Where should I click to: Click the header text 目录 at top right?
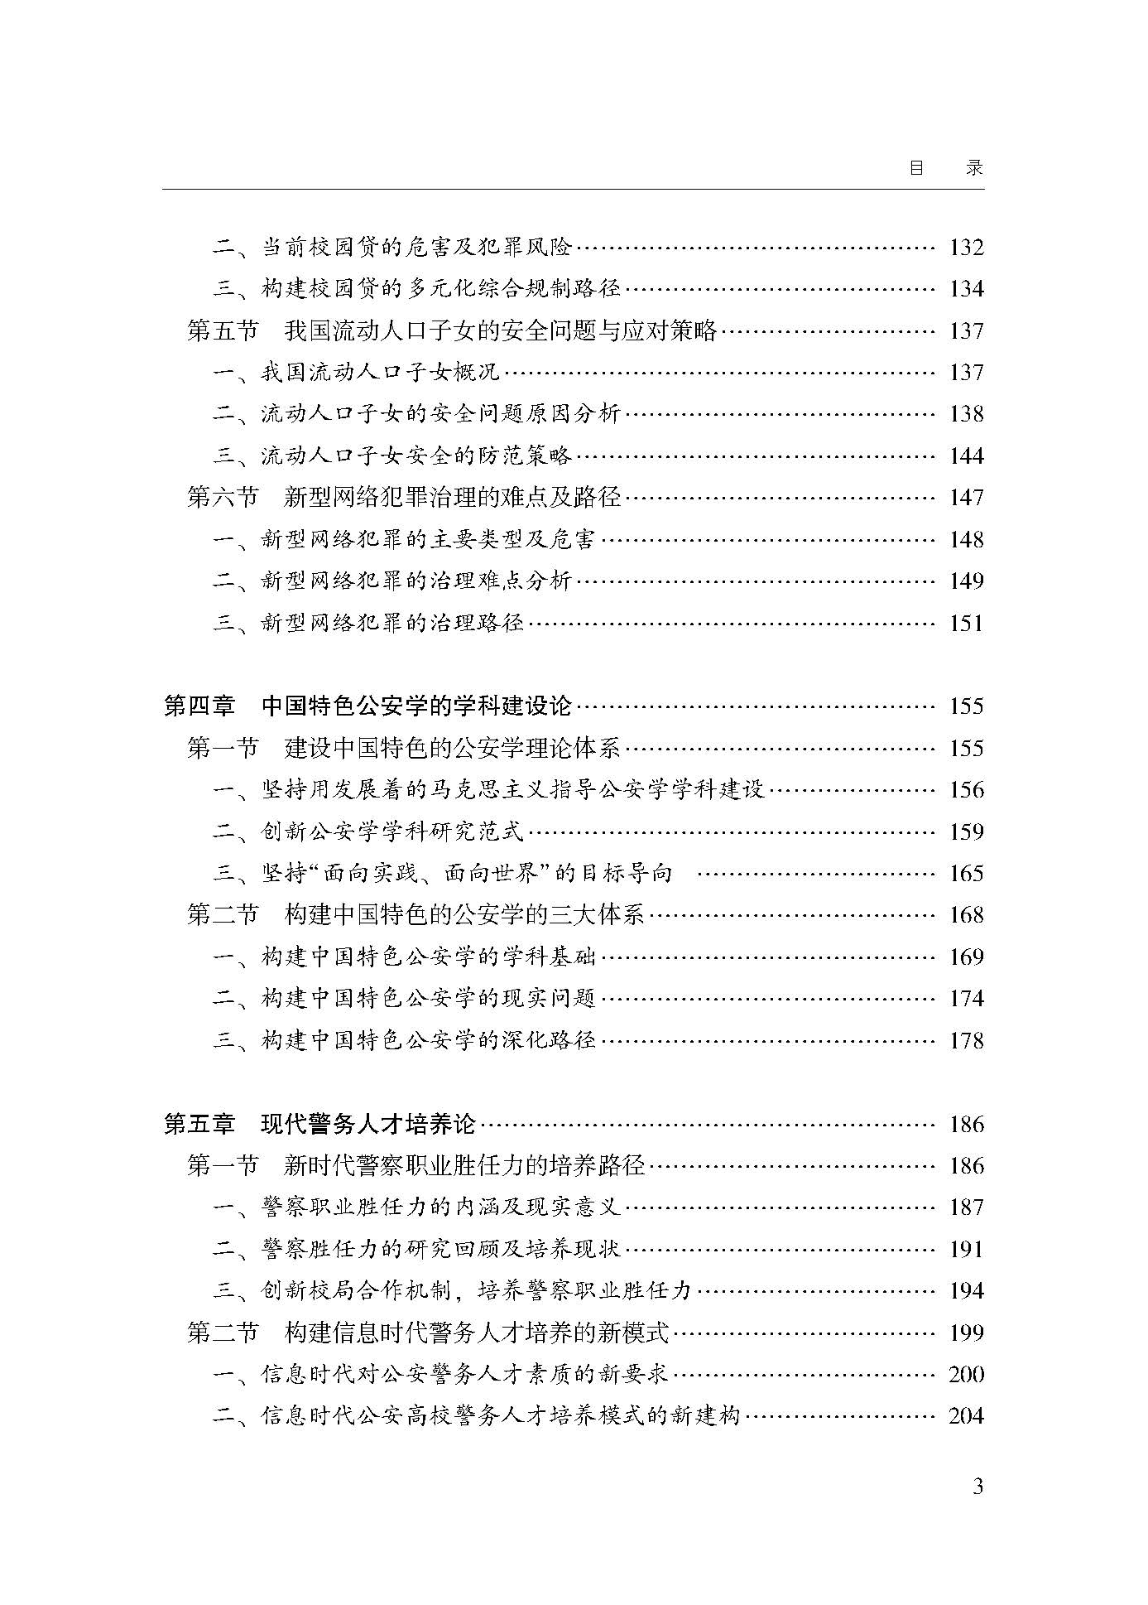[945, 167]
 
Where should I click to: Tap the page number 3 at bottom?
[977, 1487]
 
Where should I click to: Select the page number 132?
[966, 248]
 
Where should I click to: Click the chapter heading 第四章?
[199, 706]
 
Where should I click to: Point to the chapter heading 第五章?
[199, 1124]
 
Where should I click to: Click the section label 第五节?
[223, 331]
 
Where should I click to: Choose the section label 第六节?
[223, 498]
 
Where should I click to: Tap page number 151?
[966, 623]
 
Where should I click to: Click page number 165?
[966, 874]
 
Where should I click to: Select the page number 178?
[966, 1040]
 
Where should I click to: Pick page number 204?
[966, 1416]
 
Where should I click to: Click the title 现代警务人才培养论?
[368, 1124]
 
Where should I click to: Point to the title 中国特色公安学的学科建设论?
[416, 706]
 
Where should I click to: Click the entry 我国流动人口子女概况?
[381, 373]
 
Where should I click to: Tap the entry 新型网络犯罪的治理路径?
[392, 623]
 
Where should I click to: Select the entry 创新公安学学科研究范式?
[392, 831]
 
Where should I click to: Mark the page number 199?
[966, 1333]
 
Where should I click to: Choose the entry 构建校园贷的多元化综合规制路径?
[440, 289]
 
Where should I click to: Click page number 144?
[966, 456]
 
